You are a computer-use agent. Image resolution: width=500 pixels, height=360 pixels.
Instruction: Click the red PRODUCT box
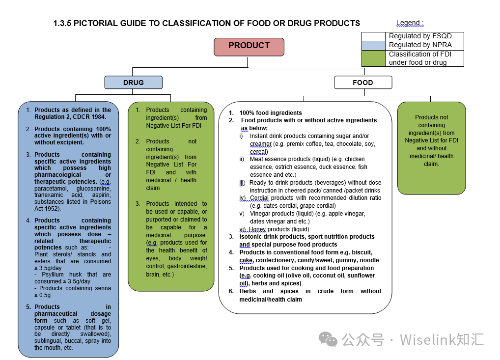[x=249, y=46]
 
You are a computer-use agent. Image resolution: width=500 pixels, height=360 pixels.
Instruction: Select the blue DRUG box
[x=133, y=83]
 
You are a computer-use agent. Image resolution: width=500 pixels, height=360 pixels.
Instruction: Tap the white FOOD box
[x=362, y=83]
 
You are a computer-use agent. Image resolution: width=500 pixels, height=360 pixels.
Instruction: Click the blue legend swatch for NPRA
[x=373, y=45]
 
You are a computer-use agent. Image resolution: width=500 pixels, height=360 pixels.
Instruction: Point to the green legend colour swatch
[x=373, y=58]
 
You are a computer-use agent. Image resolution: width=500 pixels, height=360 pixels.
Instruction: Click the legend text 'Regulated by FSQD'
[x=420, y=36]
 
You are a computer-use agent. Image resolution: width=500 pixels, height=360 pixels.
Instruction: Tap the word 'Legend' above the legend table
[x=407, y=23]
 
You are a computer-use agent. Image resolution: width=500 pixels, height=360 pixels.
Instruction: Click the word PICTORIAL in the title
[x=94, y=23]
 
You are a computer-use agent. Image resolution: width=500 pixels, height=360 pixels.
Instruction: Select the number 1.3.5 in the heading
[x=62, y=23]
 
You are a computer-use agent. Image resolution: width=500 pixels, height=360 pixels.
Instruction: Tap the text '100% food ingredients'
[x=271, y=113]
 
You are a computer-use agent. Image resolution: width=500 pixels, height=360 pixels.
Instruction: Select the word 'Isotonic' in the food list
[x=251, y=237]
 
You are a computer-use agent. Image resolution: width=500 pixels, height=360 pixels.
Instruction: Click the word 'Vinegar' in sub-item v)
[x=260, y=214]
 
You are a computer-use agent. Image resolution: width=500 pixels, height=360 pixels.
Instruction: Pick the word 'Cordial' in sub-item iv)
[x=260, y=198]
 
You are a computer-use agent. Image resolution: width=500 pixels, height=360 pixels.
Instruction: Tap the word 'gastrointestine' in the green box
[x=187, y=266]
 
